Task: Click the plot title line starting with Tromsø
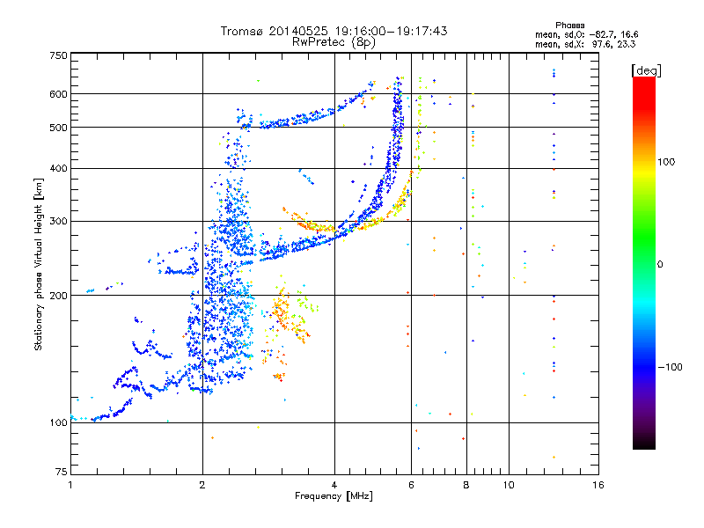334,31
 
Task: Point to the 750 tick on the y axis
58,55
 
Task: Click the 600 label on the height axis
58,93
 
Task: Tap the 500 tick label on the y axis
58,128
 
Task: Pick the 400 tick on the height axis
58,168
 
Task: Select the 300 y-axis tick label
58,221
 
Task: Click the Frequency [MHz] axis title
334,496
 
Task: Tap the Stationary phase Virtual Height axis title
39,264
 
